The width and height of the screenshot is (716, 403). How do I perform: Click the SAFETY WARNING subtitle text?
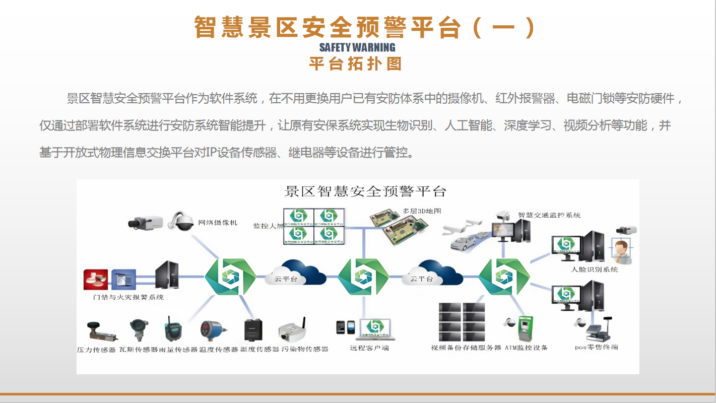(x=357, y=47)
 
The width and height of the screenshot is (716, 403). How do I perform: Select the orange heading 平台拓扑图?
(x=355, y=64)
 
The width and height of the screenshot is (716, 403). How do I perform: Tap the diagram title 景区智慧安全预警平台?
(x=365, y=191)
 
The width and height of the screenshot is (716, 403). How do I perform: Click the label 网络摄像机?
(x=218, y=222)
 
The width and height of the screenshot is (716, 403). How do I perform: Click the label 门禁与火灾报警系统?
(x=128, y=297)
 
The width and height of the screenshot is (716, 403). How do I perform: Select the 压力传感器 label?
(x=96, y=349)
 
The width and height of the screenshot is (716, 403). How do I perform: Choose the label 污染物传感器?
(x=305, y=349)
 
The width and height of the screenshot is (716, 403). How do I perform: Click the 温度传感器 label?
(x=218, y=349)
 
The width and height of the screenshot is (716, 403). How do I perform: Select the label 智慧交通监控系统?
(x=549, y=215)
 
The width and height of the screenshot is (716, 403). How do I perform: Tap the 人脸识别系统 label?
(x=595, y=270)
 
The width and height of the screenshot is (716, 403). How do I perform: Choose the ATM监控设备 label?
(x=526, y=348)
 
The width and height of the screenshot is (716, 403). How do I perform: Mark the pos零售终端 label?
(x=597, y=347)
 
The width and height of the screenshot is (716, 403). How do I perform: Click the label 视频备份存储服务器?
(x=466, y=348)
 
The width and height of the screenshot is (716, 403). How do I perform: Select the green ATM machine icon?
(x=526, y=329)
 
